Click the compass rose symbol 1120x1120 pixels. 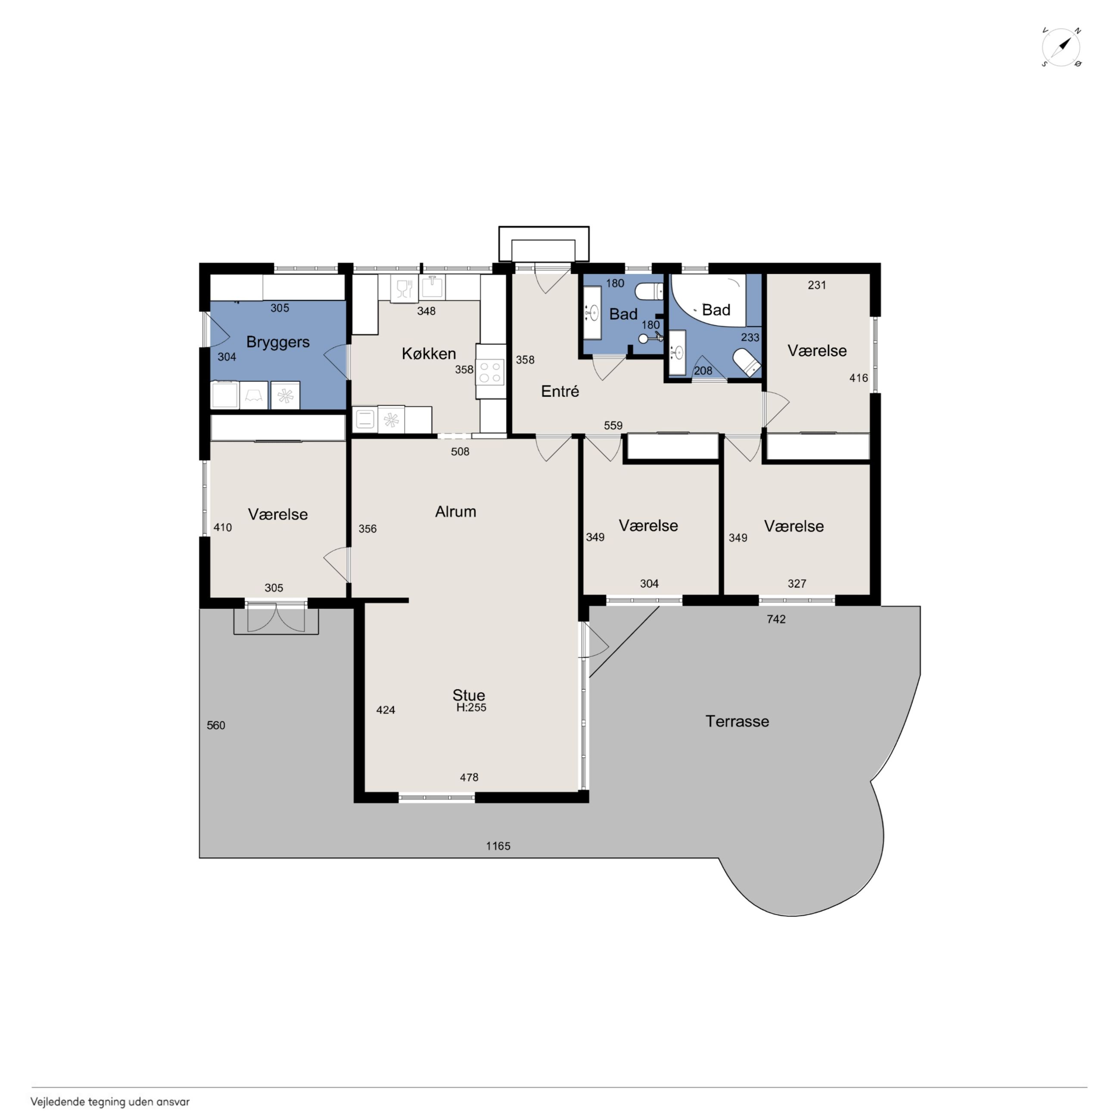pos(1061,47)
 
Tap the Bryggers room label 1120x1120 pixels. pos(278,342)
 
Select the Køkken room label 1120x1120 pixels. pos(429,353)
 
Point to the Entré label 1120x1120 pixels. pos(560,392)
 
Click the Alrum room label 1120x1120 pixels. pos(456,512)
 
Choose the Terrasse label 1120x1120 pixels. pos(737,721)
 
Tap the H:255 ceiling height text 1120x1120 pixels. pos(471,708)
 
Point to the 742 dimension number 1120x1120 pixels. pos(776,619)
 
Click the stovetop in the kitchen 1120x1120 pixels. pos(491,372)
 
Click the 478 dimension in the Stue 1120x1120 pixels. pos(469,777)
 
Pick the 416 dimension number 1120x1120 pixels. pos(859,378)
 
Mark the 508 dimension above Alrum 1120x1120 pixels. pos(460,451)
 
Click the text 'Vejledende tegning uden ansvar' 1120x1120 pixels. pos(110,1102)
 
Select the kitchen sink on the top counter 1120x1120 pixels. pos(432,287)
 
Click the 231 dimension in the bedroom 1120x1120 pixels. pos(816,285)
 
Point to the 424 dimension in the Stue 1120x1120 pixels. pos(386,709)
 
